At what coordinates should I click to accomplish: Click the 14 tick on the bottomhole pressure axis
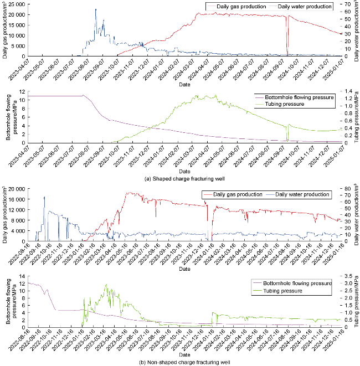22,275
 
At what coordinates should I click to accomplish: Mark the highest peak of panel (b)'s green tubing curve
105,285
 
